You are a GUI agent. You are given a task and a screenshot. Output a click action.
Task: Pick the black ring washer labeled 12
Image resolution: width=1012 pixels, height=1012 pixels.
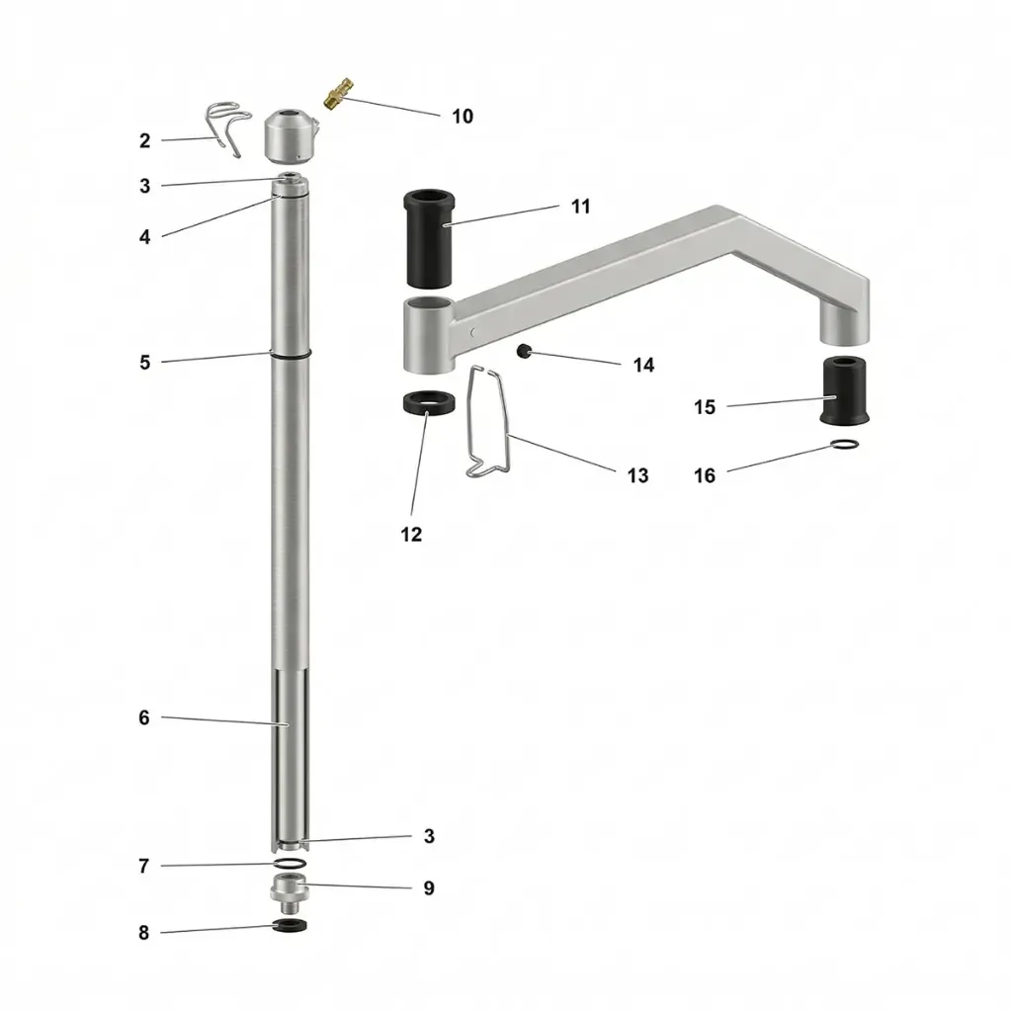[x=428, y=404]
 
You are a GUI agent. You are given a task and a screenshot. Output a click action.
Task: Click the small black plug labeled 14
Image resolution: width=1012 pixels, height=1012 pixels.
[x=523, y=350]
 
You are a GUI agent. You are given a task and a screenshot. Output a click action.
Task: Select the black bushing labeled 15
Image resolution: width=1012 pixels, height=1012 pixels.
[x=845, y=391]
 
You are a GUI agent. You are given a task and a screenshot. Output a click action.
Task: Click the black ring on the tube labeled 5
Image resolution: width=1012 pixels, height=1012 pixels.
[x=290, y=354]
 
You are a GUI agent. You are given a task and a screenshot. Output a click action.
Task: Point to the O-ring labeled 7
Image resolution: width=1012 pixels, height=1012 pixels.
[x=289, y=864]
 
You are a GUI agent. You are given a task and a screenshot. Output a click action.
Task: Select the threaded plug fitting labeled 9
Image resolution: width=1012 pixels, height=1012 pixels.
[x=289, y=892]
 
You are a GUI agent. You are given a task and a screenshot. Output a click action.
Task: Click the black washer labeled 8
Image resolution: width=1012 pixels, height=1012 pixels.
[x=289, y=925]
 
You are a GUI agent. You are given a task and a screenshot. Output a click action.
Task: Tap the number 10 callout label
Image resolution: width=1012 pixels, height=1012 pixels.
[x=463, y=117]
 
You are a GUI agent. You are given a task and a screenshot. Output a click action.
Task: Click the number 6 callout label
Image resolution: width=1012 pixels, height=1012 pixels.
[x=144, y=718]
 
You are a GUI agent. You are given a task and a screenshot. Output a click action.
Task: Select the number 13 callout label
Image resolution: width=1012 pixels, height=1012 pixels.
[x=638, y=475]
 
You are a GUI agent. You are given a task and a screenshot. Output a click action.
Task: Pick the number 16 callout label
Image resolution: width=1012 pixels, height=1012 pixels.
[x=705, y=476]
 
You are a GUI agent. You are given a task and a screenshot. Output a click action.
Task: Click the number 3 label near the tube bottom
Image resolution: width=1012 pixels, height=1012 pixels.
[x=429, y=836]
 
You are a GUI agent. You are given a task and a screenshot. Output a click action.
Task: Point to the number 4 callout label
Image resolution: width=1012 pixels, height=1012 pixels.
[x=145, y=237]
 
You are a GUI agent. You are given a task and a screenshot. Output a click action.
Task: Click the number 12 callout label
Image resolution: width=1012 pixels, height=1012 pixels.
[x=411, y=535]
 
